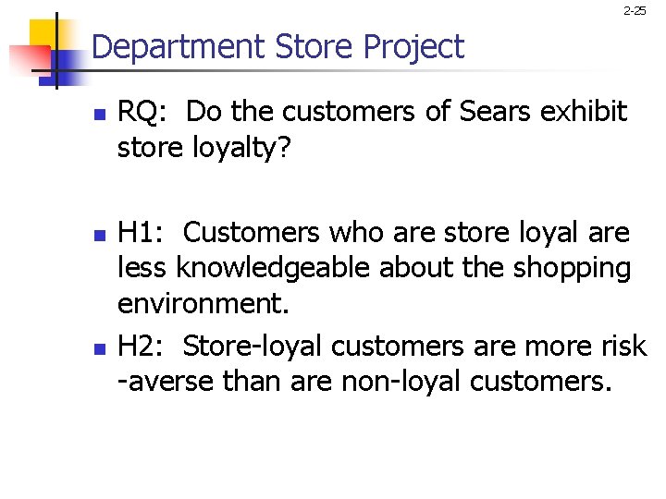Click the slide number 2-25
(635, 11)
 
